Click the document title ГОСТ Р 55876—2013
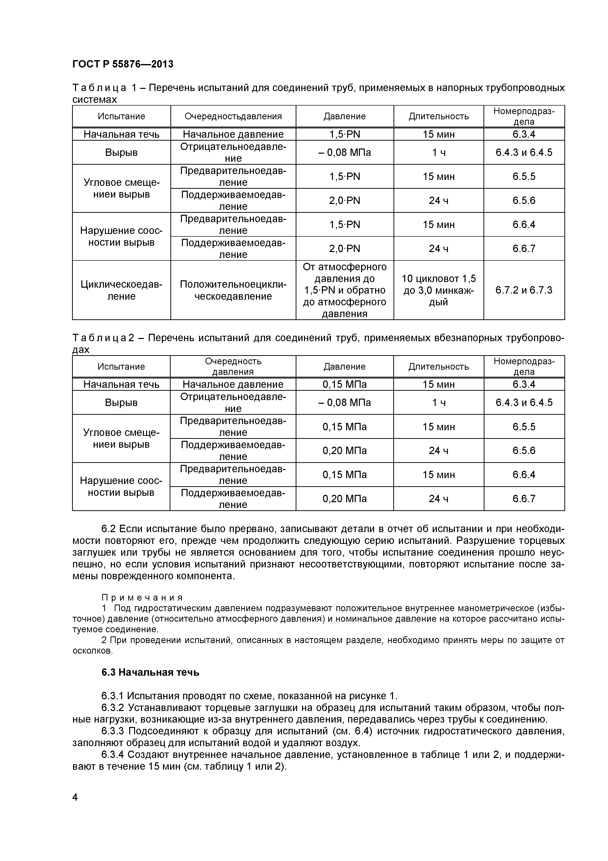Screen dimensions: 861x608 pos(123,64)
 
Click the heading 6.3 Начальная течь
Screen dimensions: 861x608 pos(150,672)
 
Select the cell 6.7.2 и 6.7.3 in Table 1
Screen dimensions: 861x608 pos(524,290)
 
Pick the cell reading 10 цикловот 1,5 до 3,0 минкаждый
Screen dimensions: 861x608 pos(438,290)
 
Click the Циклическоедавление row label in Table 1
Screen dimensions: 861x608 pos(121,290)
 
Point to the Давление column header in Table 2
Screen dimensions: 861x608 pos(344,366)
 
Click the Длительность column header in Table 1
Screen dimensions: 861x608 pos(438,116)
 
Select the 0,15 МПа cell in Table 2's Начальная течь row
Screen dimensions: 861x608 pos(344,384)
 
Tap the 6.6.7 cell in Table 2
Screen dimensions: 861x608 pos(524,498)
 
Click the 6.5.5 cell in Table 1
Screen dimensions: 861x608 pos(524,176)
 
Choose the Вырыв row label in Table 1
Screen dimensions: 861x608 pos(121,152)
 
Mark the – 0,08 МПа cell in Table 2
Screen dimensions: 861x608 pos(344,402)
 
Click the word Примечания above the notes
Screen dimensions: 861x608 pos(142,597)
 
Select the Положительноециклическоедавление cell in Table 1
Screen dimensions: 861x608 pos(233,290)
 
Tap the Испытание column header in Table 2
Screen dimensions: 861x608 pos(121,366)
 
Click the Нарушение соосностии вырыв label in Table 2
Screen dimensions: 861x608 pos(121,486)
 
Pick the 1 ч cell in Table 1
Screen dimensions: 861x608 pos(438,152)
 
